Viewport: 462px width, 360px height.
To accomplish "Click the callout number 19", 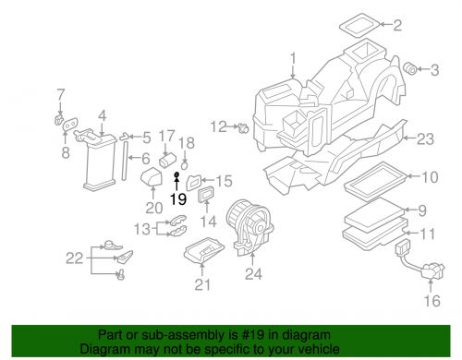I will [178, 198].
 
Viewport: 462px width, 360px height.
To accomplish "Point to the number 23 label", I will [424, 139].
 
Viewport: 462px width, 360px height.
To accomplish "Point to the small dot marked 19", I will [176, 174].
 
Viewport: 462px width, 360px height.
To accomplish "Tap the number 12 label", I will [218, 126].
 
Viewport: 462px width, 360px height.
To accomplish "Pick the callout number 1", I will [293, 63].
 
